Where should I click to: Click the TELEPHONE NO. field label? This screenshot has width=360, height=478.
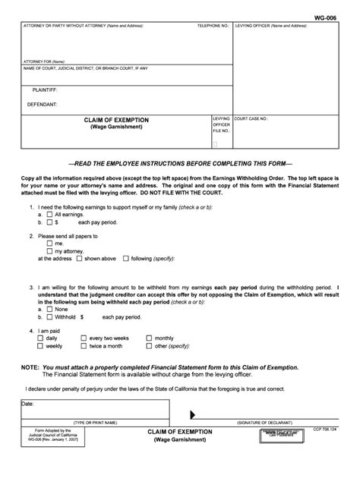[213, 26]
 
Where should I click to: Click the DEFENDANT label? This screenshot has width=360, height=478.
[44, 103]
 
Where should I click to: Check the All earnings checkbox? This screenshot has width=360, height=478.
[49, 215]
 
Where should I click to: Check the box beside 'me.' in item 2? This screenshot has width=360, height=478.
[49, 243]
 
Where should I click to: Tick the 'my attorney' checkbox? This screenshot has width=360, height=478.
[49, 250]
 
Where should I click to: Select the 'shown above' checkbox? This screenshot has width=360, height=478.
[79, 259]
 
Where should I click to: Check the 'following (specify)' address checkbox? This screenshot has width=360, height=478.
[126, 259]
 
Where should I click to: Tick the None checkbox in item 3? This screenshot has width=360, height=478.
[49, 309]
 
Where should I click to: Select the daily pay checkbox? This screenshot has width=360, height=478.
[41, 338]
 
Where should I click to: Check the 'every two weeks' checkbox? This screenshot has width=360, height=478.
[84, 338]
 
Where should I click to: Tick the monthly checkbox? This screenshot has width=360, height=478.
[149, 338]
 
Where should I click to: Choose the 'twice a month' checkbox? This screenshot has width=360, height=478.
[84, 346]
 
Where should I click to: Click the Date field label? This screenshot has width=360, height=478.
[27, 404]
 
